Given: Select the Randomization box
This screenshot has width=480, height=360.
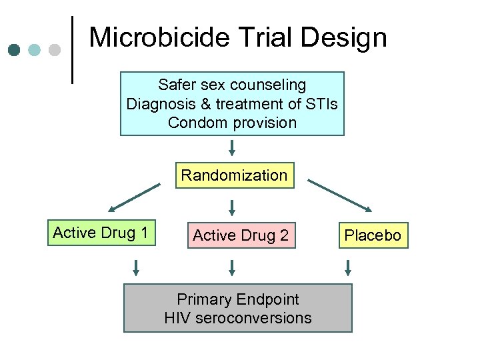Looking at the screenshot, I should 234,175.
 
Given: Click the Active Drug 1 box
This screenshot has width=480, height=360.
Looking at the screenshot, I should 101,233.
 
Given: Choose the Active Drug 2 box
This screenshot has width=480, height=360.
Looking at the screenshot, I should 241,235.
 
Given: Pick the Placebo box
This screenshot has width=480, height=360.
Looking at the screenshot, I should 373,235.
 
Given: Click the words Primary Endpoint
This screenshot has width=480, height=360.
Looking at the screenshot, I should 238,299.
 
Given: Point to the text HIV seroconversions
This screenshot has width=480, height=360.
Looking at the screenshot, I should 238,318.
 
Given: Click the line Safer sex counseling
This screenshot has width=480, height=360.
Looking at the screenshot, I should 232,85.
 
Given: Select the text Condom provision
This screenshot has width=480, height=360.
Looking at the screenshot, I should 232,123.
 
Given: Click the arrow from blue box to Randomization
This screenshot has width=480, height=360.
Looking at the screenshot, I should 232,147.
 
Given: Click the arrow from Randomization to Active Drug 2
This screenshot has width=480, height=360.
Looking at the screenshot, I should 232,207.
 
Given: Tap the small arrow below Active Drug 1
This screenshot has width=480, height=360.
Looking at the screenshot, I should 136,268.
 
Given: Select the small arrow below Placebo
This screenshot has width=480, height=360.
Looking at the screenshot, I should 347,268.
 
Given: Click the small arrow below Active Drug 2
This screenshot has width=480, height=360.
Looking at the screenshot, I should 232,268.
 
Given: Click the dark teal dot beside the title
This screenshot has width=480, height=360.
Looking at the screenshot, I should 13,50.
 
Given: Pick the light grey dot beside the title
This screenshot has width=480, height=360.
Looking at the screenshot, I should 55,50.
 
